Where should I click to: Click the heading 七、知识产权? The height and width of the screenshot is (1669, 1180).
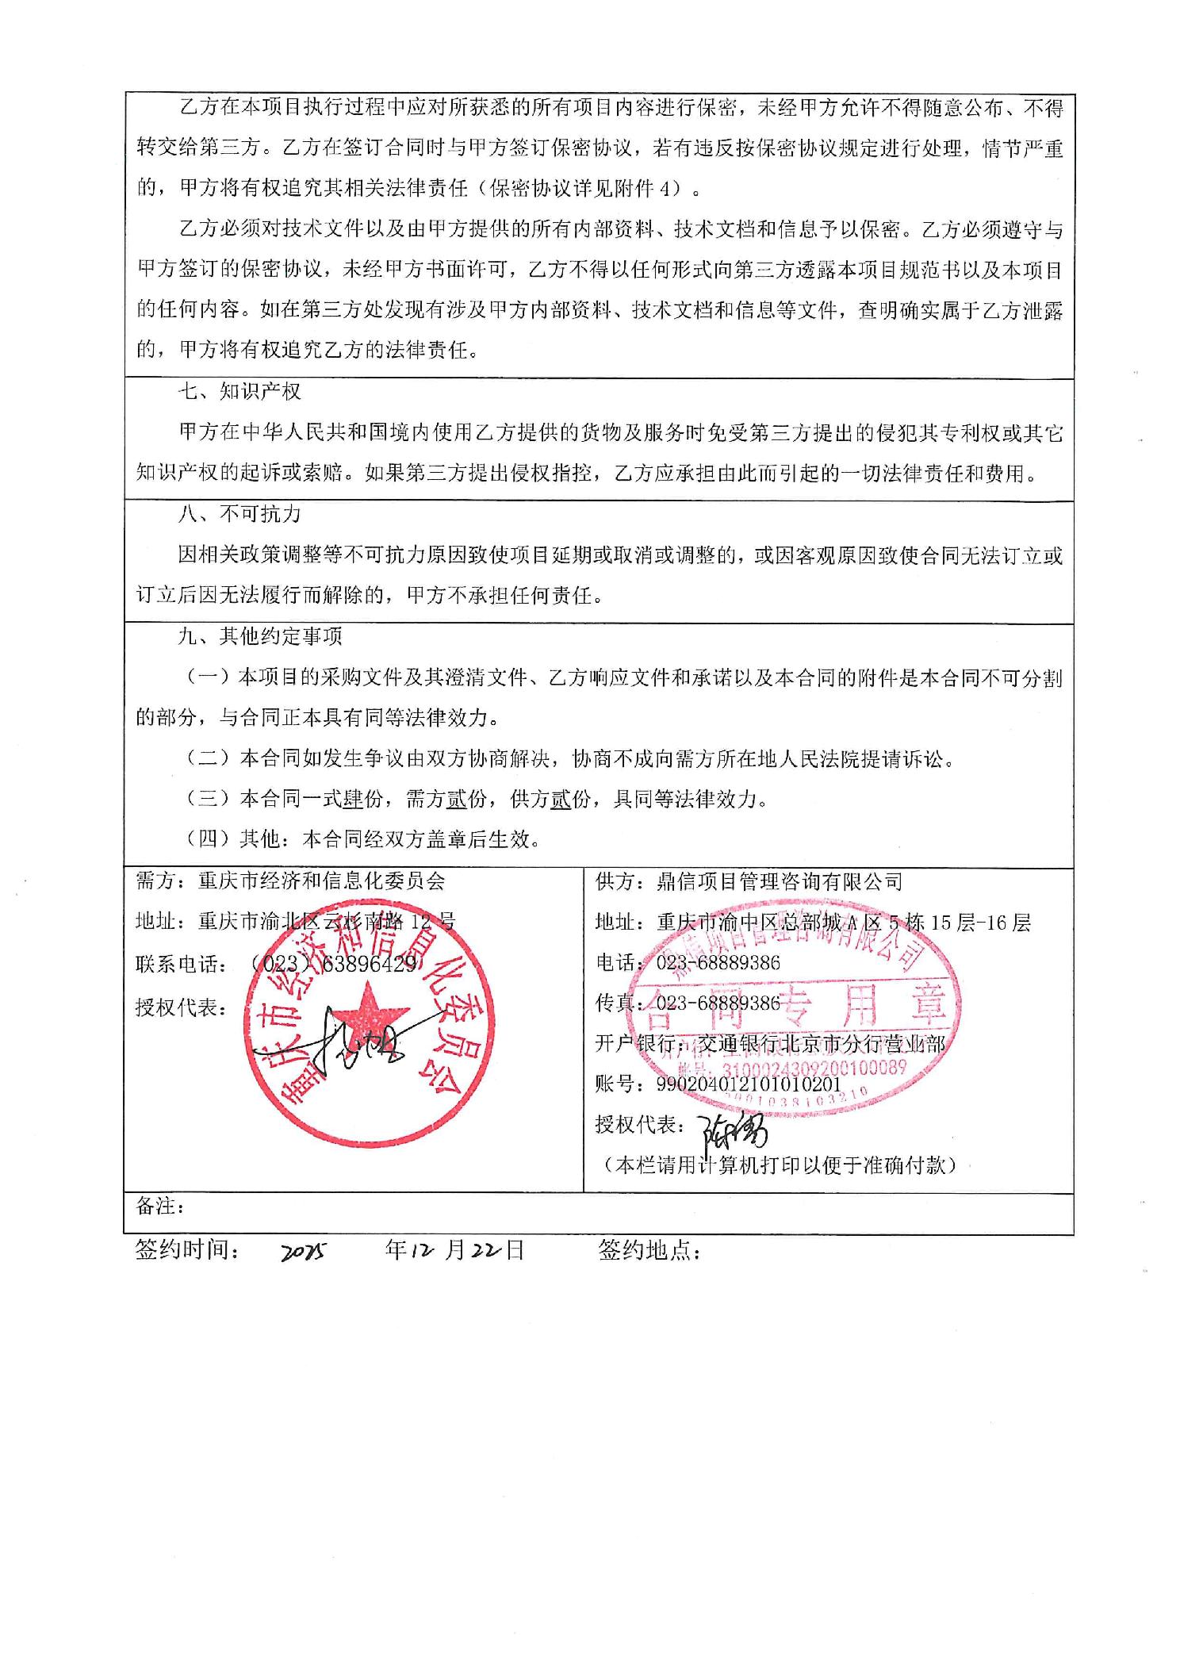[x=239, y=392]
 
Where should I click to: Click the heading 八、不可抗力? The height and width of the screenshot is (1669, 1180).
[x=239, y=514]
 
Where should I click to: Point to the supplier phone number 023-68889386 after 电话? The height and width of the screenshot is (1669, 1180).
[x=718, y=963]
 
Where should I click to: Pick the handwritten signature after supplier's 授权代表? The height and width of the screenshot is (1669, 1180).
[x=731, y=1126]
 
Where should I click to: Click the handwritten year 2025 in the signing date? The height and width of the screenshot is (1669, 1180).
[x=304, y=1253]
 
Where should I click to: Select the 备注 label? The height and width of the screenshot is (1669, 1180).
[x=159, y=1207]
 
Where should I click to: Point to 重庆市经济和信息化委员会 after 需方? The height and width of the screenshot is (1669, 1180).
[x=322, y=881]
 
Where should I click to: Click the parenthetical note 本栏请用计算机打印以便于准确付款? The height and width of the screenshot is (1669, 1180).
[x=780, y=1165]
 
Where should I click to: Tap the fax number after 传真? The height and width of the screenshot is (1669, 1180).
[x=718, y=1003]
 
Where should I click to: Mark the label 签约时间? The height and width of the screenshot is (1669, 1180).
[x=188, y=1251]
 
